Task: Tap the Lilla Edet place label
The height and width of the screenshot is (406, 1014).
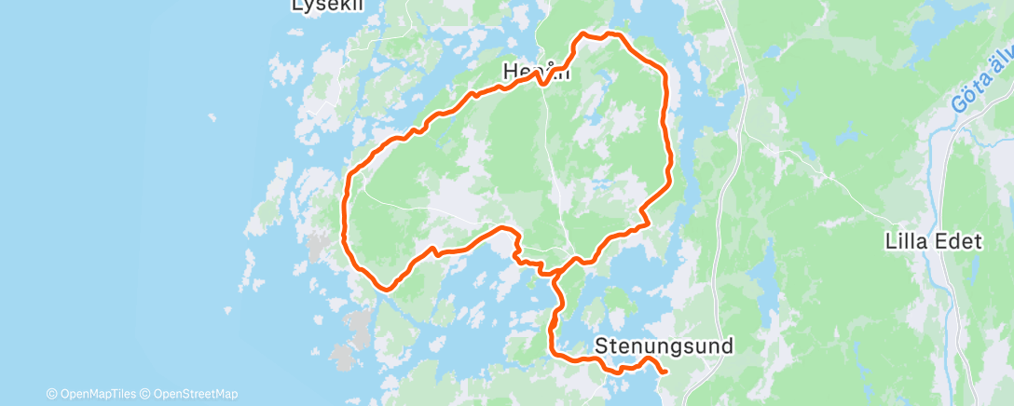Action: click(x=935, y=242)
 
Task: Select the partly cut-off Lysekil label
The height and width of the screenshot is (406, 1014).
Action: click(x=325, y=5)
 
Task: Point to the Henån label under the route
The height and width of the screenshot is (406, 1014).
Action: click(x=535, y=71)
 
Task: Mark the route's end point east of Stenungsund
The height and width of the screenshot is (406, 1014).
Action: click(x=666, y=372)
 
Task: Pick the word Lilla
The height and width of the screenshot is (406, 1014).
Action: click(x=908, y=242)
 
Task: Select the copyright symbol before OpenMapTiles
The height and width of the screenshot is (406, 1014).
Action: click(x=52, y=394)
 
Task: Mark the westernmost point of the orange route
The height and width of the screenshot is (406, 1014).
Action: click(x=345, y=210)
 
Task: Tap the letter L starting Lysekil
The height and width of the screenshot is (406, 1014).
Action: click(x=298, y=5)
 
